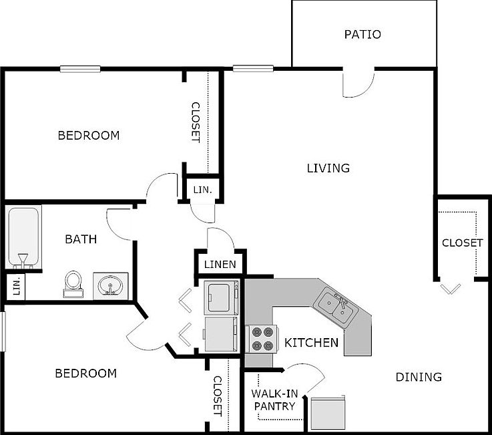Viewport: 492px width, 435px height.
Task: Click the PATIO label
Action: coord(362,34)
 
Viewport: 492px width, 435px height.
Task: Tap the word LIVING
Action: coord(328,168)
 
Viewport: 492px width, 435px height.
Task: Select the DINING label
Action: coord(419,377)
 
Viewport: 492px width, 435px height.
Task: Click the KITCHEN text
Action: coord(311,343)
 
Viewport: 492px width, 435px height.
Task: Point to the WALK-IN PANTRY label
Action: coord(274,399)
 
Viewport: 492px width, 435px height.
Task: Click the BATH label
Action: coord(81,239)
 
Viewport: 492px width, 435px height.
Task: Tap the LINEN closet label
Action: coord(220,265)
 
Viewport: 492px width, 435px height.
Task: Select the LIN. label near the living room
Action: coord(202,190)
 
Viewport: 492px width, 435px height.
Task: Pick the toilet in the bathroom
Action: coord(72,282)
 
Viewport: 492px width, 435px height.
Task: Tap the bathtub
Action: coord(24,237)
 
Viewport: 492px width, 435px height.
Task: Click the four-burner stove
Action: coord(260,339)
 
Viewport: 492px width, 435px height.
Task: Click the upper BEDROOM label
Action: coord(89,136)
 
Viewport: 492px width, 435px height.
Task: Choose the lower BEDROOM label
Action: coord(85,374)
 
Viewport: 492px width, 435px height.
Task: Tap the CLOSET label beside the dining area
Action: coord(462,243)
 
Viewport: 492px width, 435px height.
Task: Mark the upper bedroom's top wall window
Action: coord(80,68)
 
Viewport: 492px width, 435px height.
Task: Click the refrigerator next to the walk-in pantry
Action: coord(328,412)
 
